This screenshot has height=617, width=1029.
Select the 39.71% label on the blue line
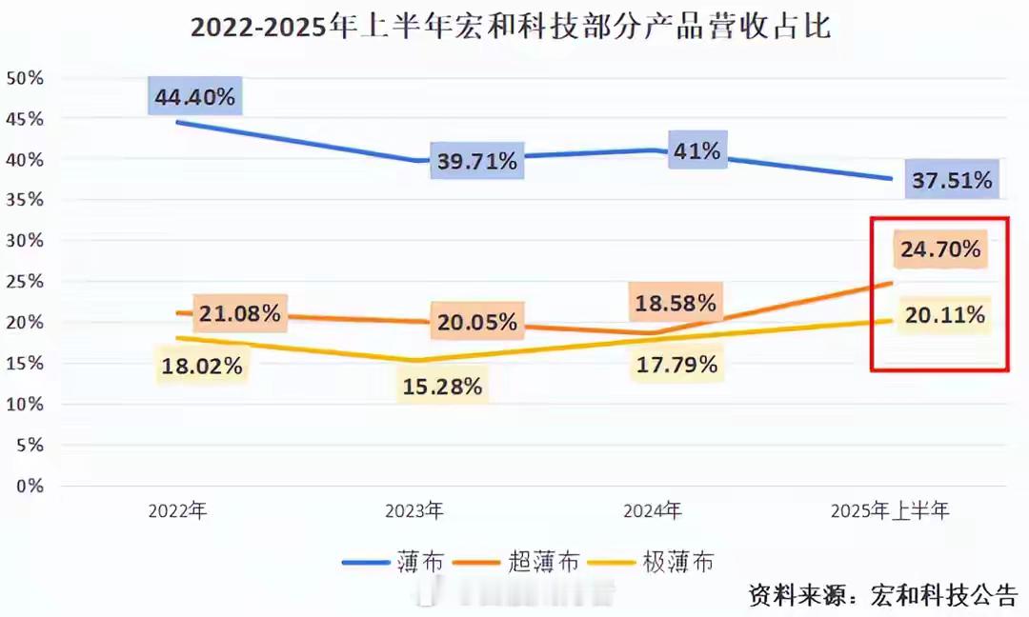(x=476, y=161)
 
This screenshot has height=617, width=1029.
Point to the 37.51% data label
(x=951, y=180)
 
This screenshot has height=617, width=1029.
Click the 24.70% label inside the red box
(x=941, y=250)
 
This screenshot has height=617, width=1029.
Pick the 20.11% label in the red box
(x=944, y=315)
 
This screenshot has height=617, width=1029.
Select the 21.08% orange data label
(x=239, y=312)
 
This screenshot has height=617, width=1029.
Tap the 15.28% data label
(x=443, y=387)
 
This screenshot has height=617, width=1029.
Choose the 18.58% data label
(x=676, y=304)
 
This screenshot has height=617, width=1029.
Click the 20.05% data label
(x=477, y=322)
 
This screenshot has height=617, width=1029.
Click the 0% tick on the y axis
(x=30, y=486)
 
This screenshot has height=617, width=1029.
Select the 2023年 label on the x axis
(x=414, y=511)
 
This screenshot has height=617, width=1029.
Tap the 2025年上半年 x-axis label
(x=890, y=511)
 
